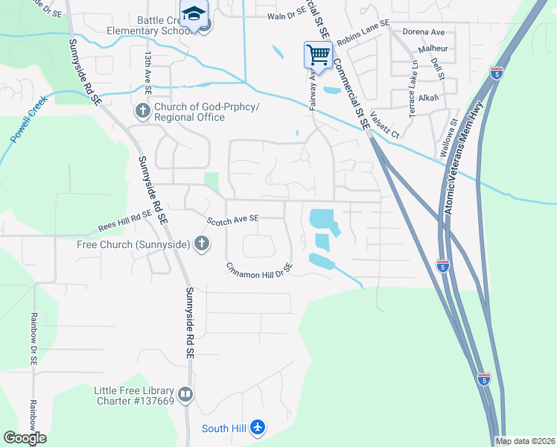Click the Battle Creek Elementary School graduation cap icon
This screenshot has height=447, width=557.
pyautogui.click(x=194, y=16)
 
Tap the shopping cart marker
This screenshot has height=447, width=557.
pyautogui.click(x=317, y=54)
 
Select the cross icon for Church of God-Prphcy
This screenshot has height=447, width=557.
pyautogui.click(x=142, y=112)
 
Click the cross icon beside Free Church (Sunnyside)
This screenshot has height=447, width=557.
pyautogui.click(x=201, y=243)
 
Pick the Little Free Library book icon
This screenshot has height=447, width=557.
pyautogui.click(x=185, y=394)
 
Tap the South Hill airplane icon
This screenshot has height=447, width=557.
pyautogui.click(x=258, y=428)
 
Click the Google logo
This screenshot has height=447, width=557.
pyautogui.click(x=25, y=438)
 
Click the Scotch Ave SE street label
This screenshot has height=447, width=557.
pyautogui.click(x=232, y=218)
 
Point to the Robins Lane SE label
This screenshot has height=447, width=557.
pyautogui.click(x=363, y=34)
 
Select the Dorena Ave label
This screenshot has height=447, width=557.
pyautogui.click(x=422, y=32)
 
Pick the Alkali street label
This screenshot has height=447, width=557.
pyautogui.click(x=429, y=98)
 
